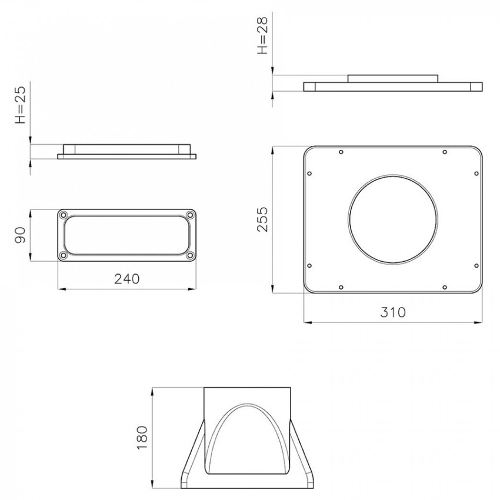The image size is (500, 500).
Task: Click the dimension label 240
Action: pos(127,279)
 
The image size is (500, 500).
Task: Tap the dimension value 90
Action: pos(21,235)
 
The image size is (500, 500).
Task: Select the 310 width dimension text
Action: pos(393,312)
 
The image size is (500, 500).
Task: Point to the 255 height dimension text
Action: pos(263,219)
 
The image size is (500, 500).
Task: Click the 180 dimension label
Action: pos(142,438)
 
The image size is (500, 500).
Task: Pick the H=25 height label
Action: pos(21,105)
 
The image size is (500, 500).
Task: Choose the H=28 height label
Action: pos(263,35)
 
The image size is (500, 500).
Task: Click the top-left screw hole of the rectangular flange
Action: pos(64,215)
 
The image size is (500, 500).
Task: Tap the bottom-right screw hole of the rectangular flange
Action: pos(190,255)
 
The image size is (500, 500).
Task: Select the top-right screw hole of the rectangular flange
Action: pos(190,215)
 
